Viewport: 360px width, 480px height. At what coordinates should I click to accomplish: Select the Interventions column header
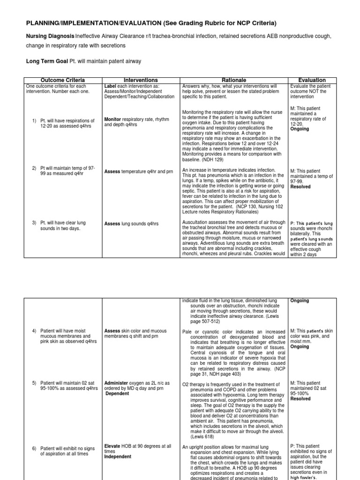pos(140,80)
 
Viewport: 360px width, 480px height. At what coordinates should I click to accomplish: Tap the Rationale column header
pos(234,80)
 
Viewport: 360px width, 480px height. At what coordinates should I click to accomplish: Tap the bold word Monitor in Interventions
pos(113,120)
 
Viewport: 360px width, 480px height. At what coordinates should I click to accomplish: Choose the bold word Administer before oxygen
pos(117,383)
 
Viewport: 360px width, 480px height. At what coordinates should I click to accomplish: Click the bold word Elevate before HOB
pos(112,446)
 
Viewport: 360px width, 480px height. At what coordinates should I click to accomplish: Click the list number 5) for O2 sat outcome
pos(34,383)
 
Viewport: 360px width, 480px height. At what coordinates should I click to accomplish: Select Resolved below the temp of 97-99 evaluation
pos(300,187)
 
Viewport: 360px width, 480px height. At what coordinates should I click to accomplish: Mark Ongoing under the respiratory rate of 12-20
pos(300,128)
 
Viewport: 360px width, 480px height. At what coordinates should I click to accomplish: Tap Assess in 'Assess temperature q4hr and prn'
pos(112,172)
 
